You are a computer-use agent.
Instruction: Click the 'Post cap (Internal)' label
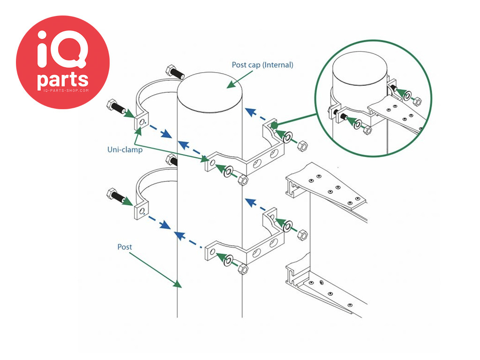point(262,65)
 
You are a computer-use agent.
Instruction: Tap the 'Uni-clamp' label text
point(125,150)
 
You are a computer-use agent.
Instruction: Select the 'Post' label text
point(125,247)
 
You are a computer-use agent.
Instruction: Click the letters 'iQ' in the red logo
point(63,49)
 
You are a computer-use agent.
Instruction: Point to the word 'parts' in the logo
point(63,80)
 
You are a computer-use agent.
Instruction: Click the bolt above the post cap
point(175,72)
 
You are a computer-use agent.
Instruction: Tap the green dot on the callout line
point(274,125)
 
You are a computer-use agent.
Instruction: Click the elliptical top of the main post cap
point(210,92)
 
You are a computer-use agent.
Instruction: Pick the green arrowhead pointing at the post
point(177,283)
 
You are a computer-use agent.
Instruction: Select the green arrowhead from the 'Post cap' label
point(232,84)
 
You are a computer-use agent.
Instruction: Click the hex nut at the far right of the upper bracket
point(302,146)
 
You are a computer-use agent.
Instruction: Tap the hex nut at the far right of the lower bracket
point(302,235)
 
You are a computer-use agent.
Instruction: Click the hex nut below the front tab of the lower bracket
point(243,270)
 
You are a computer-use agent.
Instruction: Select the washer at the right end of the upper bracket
point(287,137)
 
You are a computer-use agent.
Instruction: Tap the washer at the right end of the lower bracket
point(287,226)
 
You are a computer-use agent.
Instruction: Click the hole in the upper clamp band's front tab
point(142,122)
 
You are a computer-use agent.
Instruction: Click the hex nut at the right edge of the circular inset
point(417,101)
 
